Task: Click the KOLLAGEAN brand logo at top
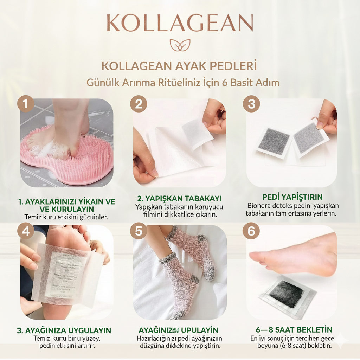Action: tap(180, 23)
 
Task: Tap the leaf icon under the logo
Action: tap(180, 45)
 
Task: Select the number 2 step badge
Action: tap(139, 104)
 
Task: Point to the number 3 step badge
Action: tap(251, 104)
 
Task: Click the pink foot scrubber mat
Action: tap(67, 155)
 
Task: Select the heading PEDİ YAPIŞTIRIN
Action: tap(292, 197)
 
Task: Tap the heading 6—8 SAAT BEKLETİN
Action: tap(294, 330)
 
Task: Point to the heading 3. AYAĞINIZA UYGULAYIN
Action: tap(64, 330)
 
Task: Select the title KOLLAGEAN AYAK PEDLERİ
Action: tap(179, 66)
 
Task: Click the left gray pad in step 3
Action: tap(274, 142)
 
